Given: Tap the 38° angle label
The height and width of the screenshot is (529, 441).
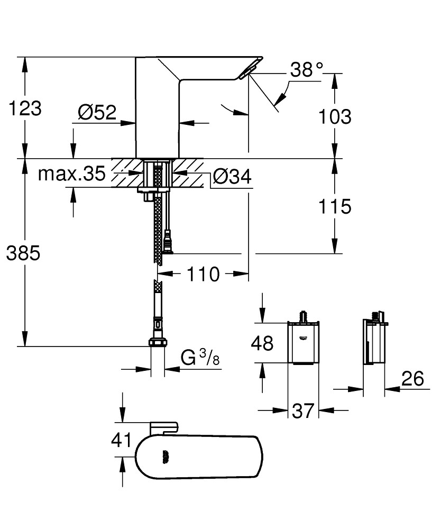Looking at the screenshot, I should click(x=306, y=69).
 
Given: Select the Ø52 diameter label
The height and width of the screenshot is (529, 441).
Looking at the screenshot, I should click(x=97, y=112).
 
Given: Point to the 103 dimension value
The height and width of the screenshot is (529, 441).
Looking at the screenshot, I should click(x=334, y=116).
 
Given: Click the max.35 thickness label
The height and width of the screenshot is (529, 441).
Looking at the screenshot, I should click(x=71, y=174).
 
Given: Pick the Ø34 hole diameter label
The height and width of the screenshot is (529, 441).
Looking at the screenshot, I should click(x=232, y=178).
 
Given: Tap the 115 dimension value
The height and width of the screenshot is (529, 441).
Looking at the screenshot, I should click(x=334, y=207).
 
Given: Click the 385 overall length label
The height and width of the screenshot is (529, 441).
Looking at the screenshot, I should click(x=23, y=254).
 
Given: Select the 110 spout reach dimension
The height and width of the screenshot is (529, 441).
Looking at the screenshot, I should click(x=203, y=275).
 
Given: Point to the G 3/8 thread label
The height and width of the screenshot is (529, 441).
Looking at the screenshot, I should click(x=200, y=359).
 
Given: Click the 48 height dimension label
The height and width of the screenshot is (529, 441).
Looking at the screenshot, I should click(x=262, y=343).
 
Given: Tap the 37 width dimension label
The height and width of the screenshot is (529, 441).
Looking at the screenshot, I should click(x=302, y=411).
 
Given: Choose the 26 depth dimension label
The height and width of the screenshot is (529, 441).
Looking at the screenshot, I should click(x=413, y=379).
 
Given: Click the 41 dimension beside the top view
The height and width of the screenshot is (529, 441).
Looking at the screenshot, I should click(x=122, y=440).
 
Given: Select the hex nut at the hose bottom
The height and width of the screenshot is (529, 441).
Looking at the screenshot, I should click(x=157, y=343).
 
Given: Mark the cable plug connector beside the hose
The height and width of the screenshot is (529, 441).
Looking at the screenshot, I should click(x=169, y=242).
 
